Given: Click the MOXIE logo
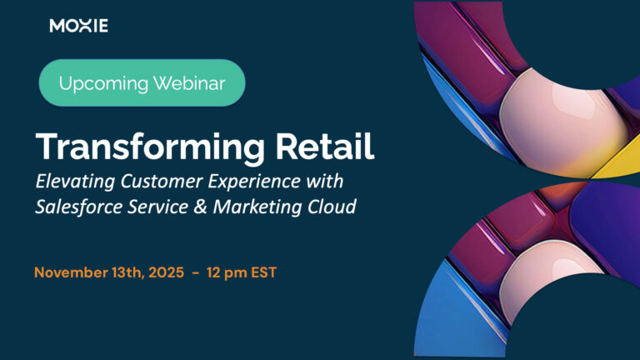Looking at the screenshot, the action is (79, 26).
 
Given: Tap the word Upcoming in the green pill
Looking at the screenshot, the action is (103, 84).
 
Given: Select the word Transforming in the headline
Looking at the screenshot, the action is (150, 147).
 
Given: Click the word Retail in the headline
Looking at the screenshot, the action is (325, 146).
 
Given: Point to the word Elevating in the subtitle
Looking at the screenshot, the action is (75, 182).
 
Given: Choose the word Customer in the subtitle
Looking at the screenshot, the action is (162, 181).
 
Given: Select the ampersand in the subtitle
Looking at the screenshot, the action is (200, 207).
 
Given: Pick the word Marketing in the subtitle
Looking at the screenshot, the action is (257, 207).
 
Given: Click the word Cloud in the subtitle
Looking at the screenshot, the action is (332, 207).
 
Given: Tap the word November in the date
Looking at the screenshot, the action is (71, 272).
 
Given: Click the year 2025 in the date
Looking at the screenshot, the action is (166, 272).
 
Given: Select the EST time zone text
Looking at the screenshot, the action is (263, 272).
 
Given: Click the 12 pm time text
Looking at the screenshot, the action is (227, 273).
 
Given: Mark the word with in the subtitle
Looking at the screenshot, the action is (325, 181).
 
